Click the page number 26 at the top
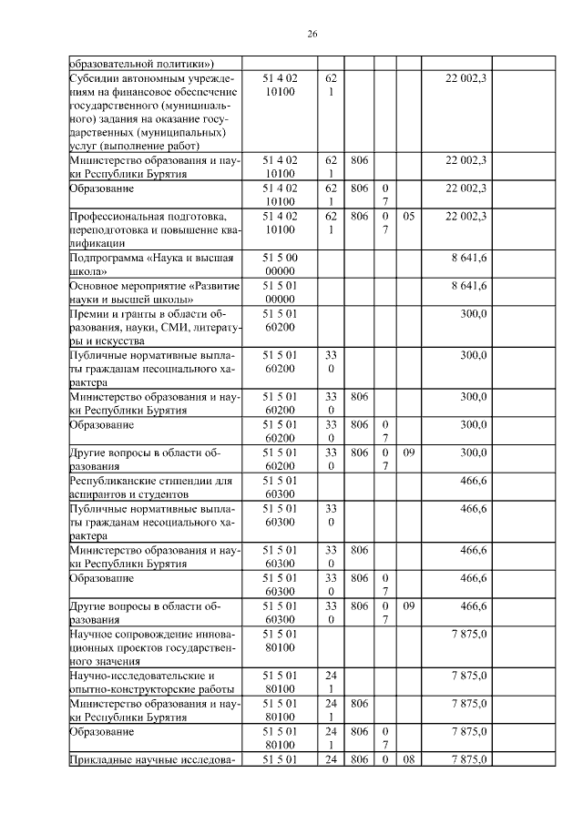point(312,34)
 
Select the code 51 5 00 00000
point(286,265)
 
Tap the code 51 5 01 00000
point(286,292)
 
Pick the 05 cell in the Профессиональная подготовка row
point(408,216)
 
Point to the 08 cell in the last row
point(408,759)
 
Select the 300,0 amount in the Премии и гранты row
point(473,313)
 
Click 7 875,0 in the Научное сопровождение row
point(469,633)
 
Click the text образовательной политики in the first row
point(141,63)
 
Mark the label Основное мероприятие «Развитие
point(154,286)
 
